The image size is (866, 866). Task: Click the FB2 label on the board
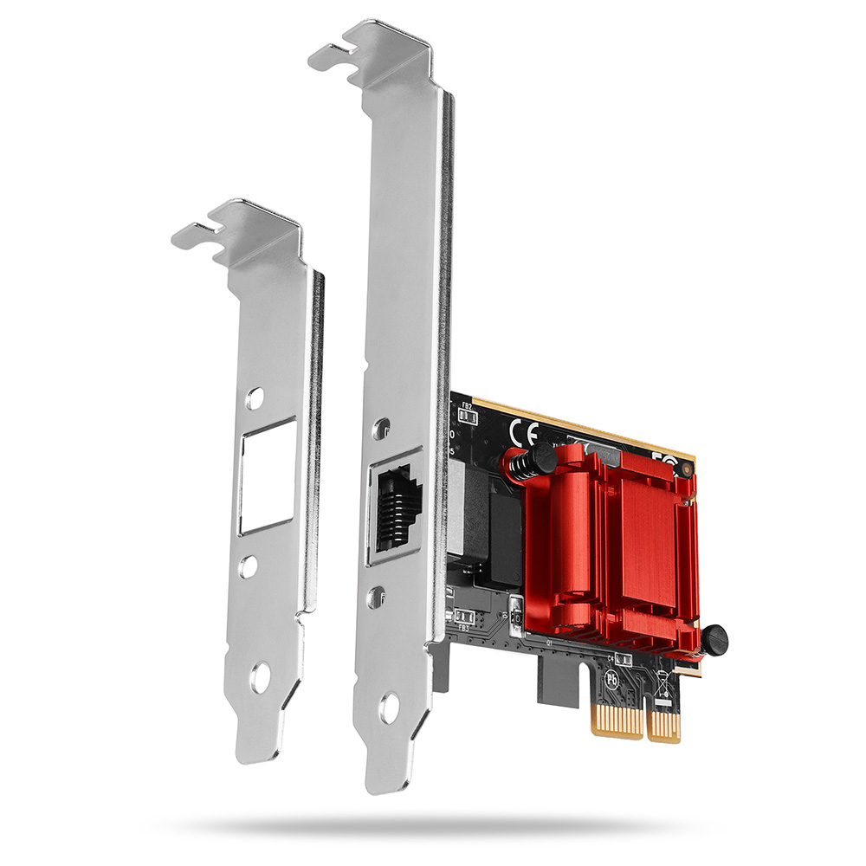click(x=467, y=405)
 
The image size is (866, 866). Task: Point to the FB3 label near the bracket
click(x=463, y=628)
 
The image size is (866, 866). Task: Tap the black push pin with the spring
click(x=540, y=459)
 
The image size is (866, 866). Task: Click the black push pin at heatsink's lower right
click(x=714, y=640)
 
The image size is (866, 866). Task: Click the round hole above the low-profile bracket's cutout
click(x=253, y=398)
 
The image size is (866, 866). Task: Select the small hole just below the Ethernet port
click(x=378, y=596)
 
